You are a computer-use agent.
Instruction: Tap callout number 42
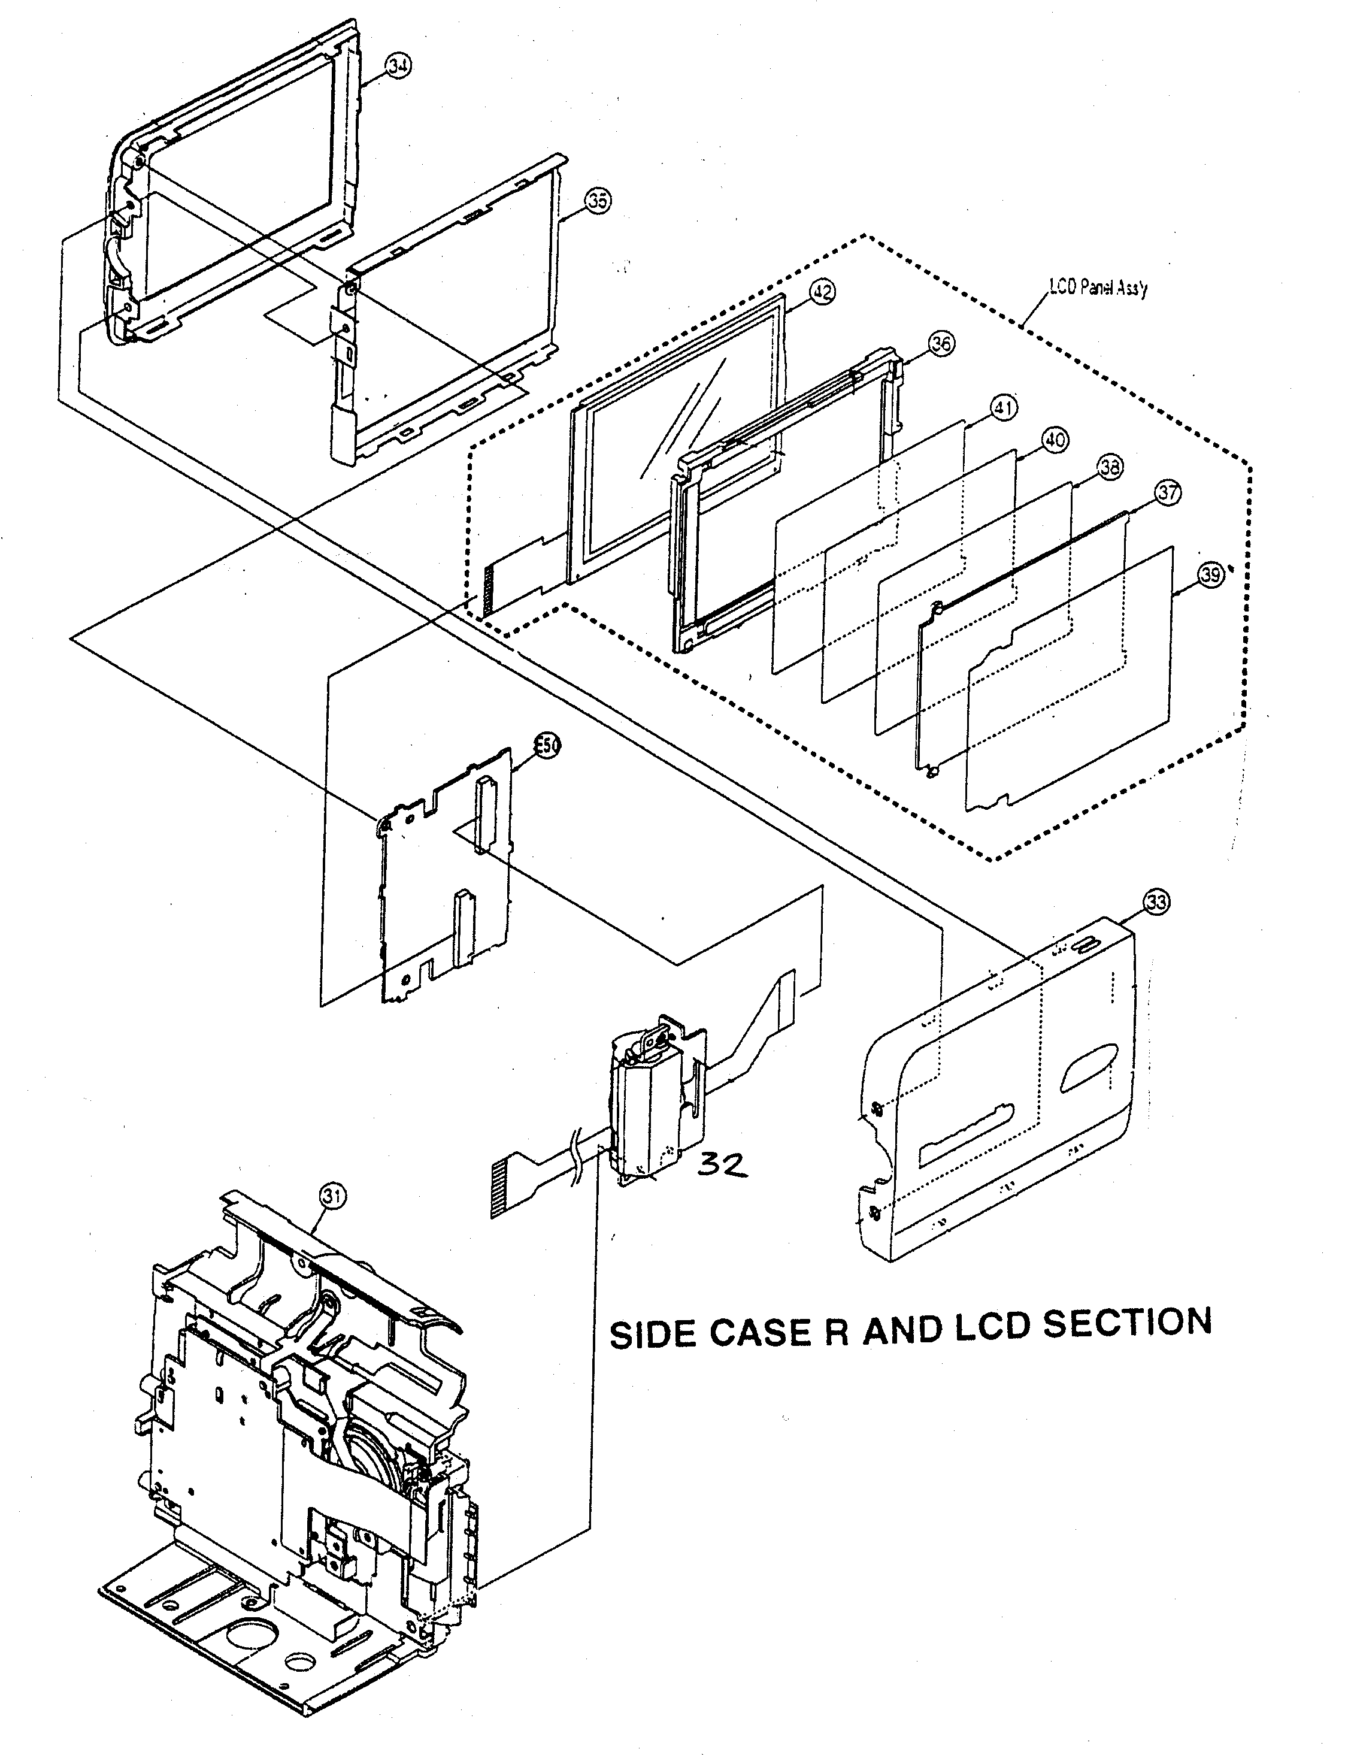click(822, 292)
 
